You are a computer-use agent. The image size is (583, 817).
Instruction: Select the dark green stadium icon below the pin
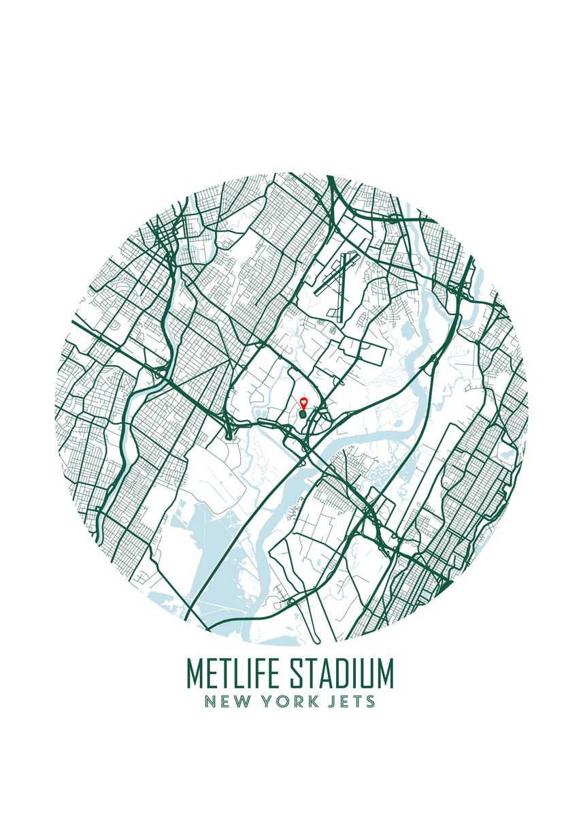(303, 413)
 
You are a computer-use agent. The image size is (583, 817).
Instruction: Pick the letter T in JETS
(359, 701)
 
